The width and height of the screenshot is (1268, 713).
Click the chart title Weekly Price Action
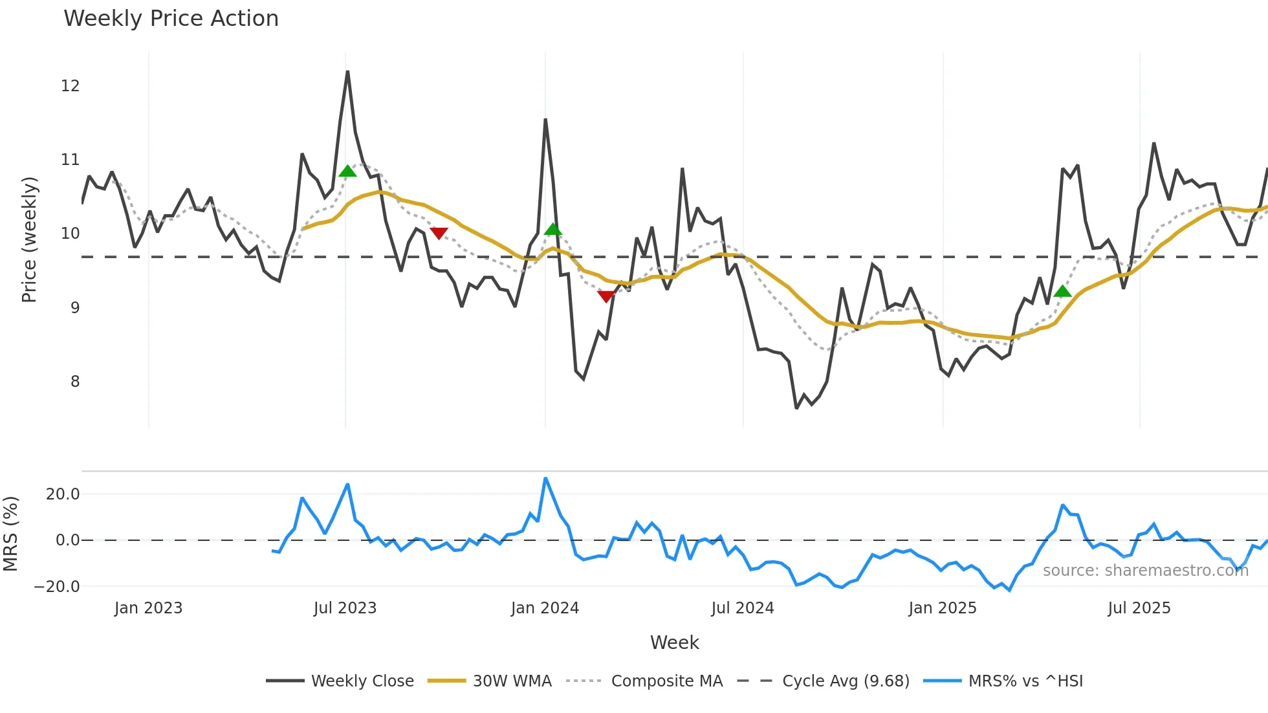[171, 19]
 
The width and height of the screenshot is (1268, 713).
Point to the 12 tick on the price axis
[70, 86]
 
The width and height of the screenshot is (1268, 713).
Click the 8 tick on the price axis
[75, 382]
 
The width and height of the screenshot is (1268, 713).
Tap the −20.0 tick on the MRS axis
[57, 587]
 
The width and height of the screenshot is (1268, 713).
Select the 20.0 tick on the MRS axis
[63, 494]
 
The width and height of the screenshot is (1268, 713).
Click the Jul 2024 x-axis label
[742, 608]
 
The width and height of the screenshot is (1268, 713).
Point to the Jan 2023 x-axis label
[148, 608]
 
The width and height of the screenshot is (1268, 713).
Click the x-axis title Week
[674, 642]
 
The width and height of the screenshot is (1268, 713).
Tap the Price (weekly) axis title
[30, 239]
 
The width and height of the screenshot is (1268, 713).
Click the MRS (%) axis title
[10, 534]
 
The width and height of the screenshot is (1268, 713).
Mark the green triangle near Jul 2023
[347, 171]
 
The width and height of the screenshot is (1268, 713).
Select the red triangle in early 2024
[606, 296]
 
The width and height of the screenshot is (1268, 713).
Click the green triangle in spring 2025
[1062, 292]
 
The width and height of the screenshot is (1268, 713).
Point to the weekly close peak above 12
[347, 72]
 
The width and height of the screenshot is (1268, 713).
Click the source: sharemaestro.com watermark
[1145, 571]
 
